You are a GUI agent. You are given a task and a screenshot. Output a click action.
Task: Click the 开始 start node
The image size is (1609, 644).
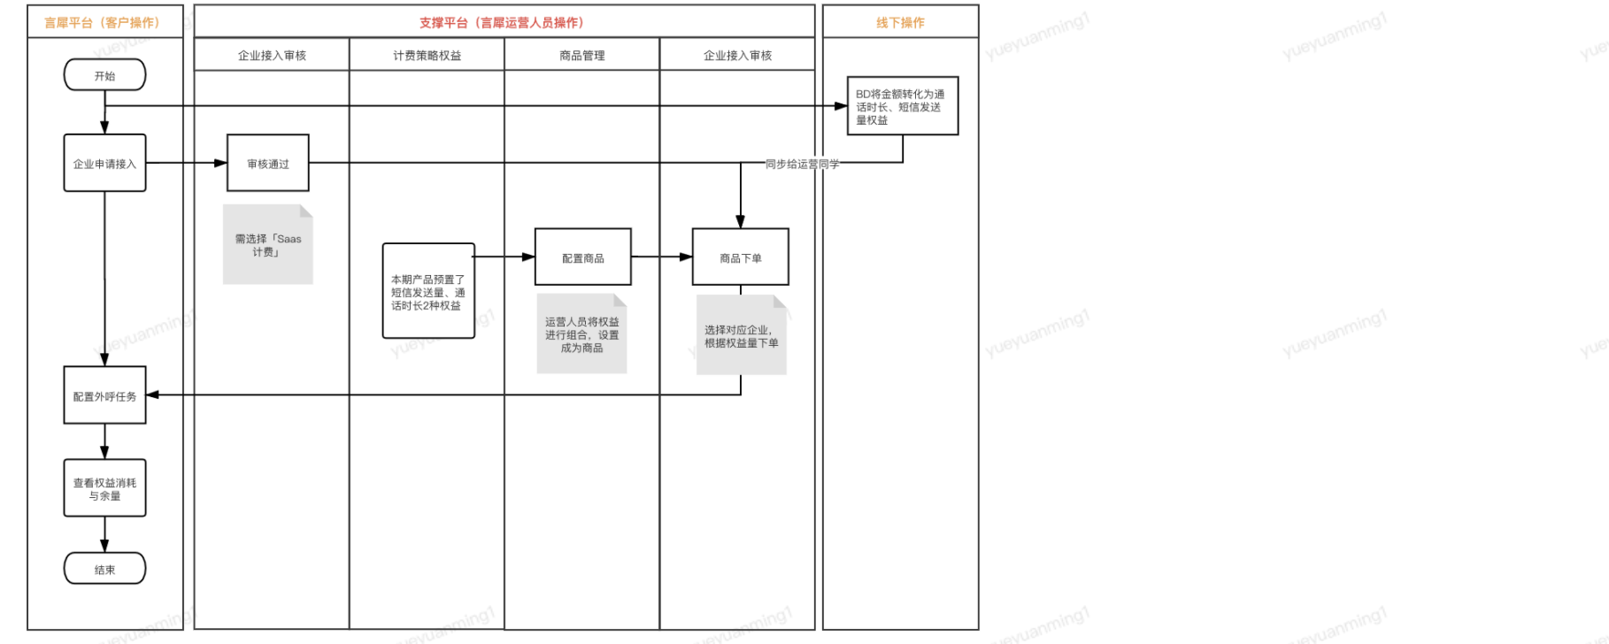click(104, 75)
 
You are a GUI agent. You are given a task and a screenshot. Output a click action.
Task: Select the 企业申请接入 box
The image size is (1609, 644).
click(104, 164)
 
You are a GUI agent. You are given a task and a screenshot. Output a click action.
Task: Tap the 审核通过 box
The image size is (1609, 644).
click(268, 164)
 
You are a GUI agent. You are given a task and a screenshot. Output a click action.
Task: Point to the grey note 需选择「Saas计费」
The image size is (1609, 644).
click(268, 245)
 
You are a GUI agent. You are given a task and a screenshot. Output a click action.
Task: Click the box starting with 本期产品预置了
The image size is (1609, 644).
click(428, 291)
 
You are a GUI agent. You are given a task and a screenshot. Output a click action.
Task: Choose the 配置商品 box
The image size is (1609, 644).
click(582, 257)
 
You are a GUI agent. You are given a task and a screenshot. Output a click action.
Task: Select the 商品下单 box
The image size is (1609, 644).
click(740, 257)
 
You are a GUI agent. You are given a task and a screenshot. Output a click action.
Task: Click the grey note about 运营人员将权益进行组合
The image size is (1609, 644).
click(581, 334)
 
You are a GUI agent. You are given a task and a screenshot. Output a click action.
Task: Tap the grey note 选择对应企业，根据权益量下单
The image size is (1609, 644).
click(741, 336)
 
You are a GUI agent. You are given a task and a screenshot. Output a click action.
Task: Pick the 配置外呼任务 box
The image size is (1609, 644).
click(104, 395)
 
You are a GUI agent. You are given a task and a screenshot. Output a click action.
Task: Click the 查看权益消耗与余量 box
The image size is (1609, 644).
click(104, 488)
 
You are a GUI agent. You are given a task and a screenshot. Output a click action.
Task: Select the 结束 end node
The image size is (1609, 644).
click(104, 569)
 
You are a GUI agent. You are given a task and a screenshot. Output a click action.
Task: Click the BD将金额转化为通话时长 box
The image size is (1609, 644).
click(902, 106)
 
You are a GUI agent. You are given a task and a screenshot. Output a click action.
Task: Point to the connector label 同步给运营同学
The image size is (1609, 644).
click(802, 164)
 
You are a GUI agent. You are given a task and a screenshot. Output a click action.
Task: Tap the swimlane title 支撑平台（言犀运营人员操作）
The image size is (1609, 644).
click(502, 22)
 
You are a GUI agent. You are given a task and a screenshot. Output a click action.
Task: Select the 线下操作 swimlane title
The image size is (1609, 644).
click(900, 22)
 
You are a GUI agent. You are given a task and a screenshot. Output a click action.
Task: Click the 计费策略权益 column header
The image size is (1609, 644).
click(427, 55)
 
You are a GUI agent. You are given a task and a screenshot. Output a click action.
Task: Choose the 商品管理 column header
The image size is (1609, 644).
click(581, 55)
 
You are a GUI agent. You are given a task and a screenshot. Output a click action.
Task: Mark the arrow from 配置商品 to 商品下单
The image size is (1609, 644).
click(662, 257)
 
